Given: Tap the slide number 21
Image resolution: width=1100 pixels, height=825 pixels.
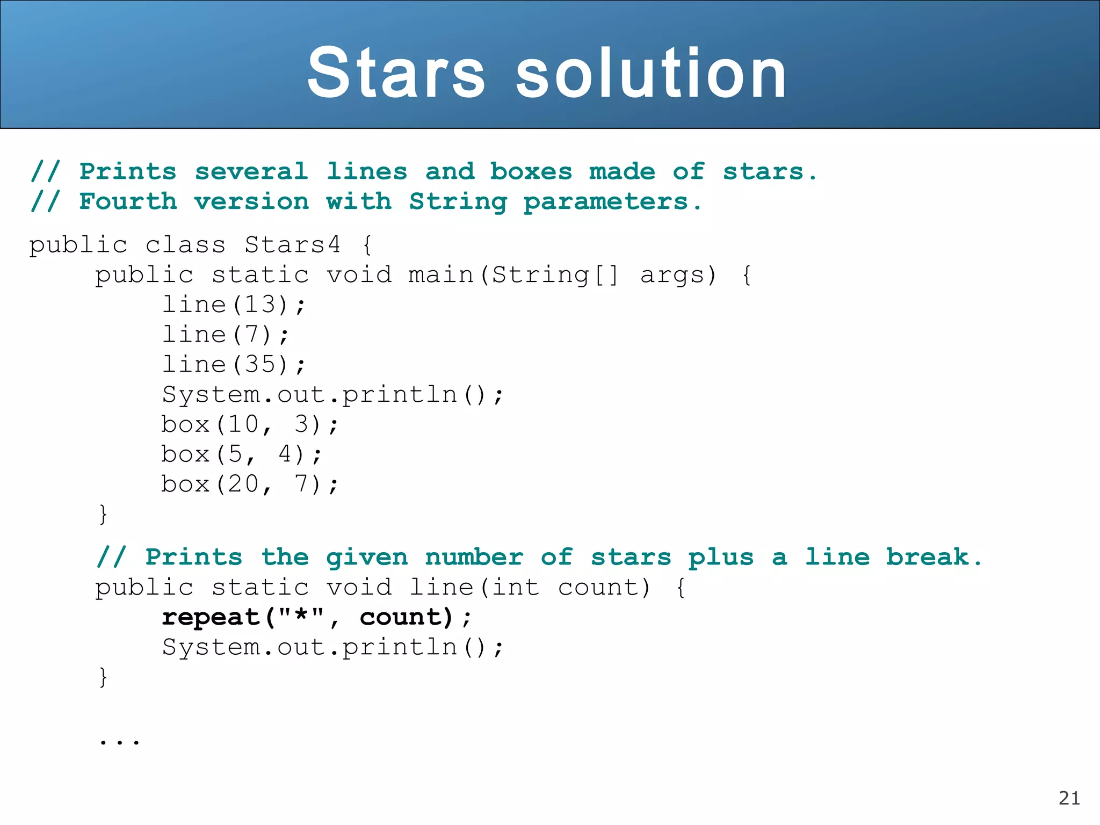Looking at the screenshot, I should click(x=1069, y=798).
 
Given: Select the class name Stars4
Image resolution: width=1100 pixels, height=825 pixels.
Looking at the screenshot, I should click(x=292, y=245).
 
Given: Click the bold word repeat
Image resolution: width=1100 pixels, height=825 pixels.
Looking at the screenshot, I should click(x=211, y=618).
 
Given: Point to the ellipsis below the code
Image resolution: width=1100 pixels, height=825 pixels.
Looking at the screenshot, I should click(x=119, y=742).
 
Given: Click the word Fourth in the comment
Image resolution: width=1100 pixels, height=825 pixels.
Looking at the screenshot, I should click(x=128, y=201).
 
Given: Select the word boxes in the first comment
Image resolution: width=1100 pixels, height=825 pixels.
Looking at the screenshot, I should click(x=531, y=172).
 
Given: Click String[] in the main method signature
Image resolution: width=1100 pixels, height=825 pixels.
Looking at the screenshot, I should click(x=555, y=275).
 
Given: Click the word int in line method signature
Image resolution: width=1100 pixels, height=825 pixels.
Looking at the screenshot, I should click(x=516, y=587).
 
